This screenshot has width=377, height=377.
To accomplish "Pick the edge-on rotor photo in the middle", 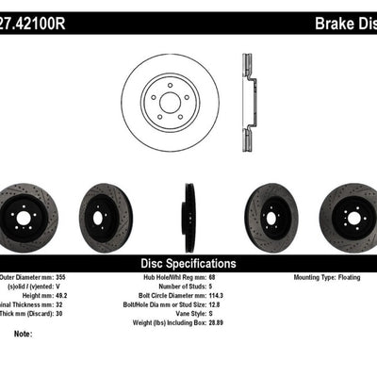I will coord(188,218).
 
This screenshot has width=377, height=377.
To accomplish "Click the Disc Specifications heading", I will coord(188,264).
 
